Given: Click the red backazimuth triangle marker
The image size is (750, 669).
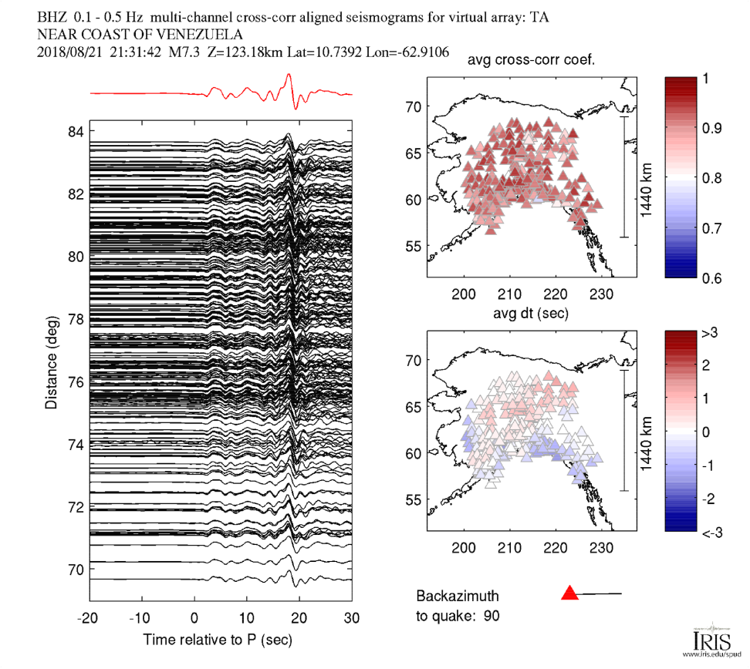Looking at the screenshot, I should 569,593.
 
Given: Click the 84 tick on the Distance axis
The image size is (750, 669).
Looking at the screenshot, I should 75,132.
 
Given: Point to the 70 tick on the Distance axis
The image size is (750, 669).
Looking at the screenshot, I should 75,570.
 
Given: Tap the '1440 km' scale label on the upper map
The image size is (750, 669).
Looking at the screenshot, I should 647,178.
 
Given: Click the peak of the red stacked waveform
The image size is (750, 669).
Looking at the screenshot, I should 289,75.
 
